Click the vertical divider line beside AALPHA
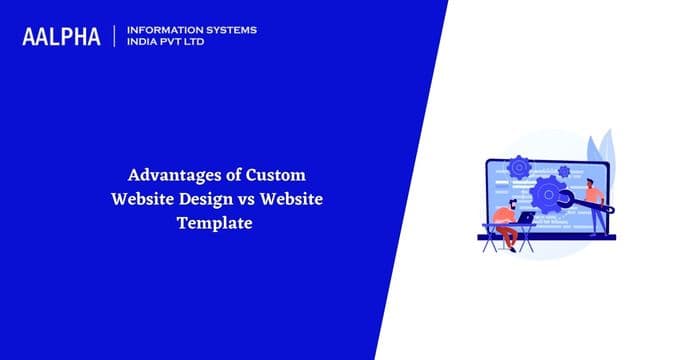click(116, 36)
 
